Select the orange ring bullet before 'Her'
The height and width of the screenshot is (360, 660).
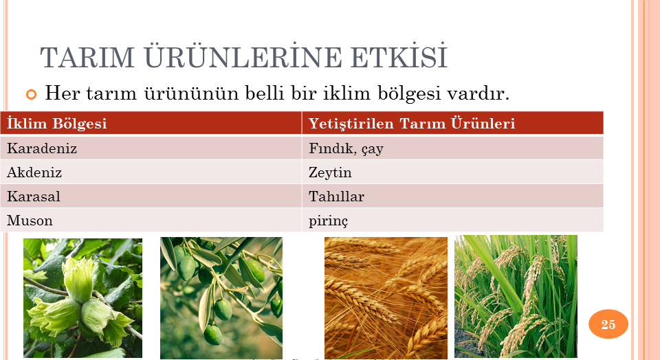pos(31,94)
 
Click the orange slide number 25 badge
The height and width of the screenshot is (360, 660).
pos(608,324)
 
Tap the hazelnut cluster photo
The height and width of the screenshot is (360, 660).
pos(82,298)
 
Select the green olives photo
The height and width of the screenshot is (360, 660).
pos(221,298)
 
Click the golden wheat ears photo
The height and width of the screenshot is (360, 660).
pos(386,298)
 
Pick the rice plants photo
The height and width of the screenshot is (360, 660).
pos(516,297)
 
